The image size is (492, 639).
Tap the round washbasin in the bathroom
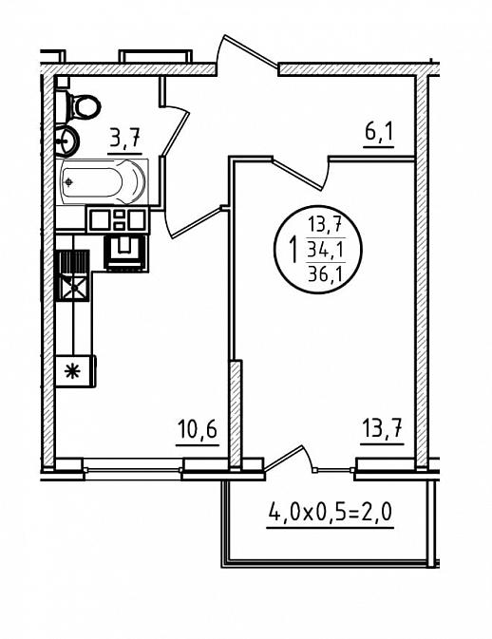(66, 141)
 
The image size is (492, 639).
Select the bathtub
(104, 181)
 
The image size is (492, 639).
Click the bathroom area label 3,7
(124, 138)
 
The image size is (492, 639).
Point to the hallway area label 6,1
(378, 132)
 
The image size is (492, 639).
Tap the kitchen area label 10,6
(198, 429)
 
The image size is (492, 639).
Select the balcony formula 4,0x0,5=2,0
(331, 512)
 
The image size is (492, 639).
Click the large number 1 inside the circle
(293, 251)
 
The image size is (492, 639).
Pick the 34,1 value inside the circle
(325, 250)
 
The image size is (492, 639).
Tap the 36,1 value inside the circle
(325, 273)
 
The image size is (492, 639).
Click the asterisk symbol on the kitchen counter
(72, 371)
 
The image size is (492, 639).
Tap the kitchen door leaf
(197, 223)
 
